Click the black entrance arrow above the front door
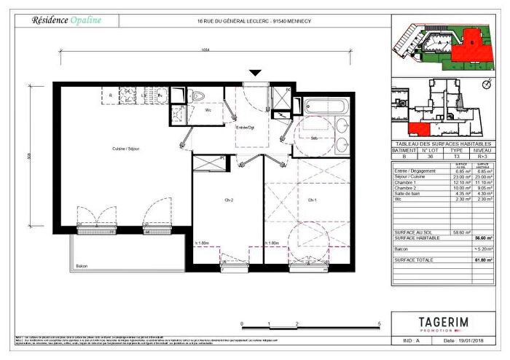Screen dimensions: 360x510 [255, 73]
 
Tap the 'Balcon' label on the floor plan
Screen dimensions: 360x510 [82, 267]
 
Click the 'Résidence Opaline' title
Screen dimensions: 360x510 [66, 20]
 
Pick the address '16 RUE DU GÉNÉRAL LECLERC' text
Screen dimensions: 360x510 [232, 20]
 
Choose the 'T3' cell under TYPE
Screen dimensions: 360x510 [457, 156]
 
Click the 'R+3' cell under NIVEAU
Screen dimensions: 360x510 [482, 156]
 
